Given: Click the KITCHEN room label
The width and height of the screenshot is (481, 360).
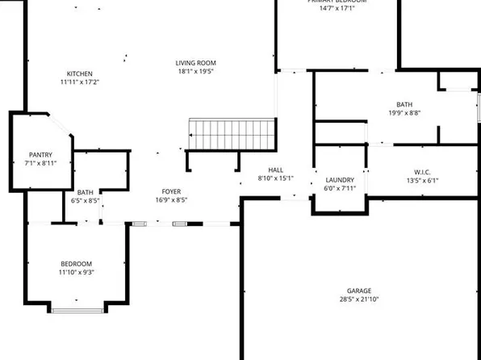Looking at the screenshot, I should tap(79, 73).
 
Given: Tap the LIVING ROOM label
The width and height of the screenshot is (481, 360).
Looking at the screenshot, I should tap(196, 63).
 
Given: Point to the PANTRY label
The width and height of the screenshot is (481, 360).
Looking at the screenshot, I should tap(40, 154).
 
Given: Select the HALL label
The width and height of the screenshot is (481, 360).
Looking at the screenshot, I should tap(275, 170).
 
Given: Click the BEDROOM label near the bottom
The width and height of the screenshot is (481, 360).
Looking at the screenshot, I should tap(77, 264).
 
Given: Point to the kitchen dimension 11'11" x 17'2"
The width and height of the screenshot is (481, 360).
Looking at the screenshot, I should tap(79, 82).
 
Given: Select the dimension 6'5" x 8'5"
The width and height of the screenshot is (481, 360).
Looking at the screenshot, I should tap(85, 200).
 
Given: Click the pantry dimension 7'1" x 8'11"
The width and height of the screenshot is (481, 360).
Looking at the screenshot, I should tap(41, 163).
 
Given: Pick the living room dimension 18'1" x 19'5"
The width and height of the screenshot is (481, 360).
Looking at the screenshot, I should tap(196, 72).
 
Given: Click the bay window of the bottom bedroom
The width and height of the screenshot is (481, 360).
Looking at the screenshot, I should tap(77, 308).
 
